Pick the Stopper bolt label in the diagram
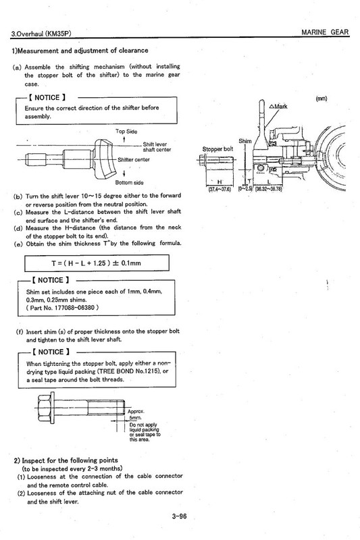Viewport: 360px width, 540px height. (x=217, y=149)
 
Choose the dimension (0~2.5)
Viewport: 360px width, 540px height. (x=249, y=189)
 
